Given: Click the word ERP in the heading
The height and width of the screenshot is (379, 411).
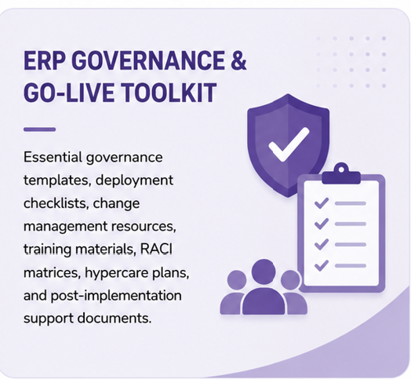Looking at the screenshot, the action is click(45, 60).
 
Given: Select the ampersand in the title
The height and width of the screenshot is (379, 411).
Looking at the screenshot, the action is click(238, 60).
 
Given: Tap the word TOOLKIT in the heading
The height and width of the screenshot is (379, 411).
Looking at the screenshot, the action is click(169, 93).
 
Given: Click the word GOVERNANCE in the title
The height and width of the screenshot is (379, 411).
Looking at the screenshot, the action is click(148, 60).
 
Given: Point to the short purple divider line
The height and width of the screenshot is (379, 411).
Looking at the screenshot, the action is click(39, 129).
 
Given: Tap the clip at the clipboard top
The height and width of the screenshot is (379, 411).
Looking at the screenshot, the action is click(341, 173).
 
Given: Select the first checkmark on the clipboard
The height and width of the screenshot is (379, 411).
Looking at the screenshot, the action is click(322, 203).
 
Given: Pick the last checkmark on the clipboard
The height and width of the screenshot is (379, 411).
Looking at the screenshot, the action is click(322, 265).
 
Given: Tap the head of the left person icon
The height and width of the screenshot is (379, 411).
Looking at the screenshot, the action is click(237, 280).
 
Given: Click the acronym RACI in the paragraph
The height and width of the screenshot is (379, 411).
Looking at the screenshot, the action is click(157, 249).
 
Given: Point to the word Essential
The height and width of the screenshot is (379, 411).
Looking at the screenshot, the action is click(53, 157).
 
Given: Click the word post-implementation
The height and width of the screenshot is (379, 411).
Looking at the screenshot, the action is click(116, 296).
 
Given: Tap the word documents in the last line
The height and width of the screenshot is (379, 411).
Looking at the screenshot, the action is click(115, 318).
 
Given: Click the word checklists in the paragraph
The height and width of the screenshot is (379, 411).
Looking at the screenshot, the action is click(56, 203).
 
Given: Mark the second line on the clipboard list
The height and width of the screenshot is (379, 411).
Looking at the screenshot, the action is click(351, 224).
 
